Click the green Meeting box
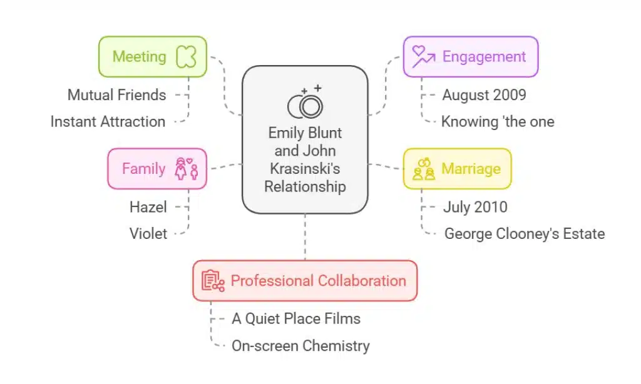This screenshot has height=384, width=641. click(153, 57)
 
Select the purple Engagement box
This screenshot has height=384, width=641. click(470, 57)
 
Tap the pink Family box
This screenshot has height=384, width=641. click(157, 169)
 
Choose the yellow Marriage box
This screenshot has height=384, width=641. click(456, 169)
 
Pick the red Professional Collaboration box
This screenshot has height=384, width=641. click(304, 281)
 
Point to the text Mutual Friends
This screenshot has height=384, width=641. click(117, 95)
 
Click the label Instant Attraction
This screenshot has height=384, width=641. click(108, 121)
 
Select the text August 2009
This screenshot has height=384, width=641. click(484, 95)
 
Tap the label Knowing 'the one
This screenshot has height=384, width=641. click(498, 121)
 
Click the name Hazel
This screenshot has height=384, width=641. click(148, 206)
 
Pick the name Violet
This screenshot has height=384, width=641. click(148, 233)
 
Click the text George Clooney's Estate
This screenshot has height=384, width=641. click(525, 234)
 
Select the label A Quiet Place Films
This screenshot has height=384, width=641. click(296, 318)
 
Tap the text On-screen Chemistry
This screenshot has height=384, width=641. click(300, 345)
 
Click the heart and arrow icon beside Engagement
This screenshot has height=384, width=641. click(423, 57)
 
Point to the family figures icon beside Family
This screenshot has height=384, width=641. click(187, 169)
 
